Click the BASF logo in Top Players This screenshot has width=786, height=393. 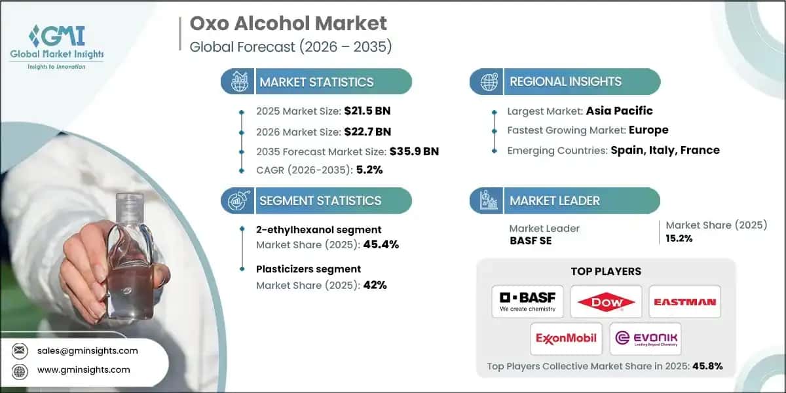click(x=527, y=301)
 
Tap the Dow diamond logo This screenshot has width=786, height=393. click(x=606, y=301)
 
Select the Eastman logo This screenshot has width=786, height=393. click(x=684, y=302)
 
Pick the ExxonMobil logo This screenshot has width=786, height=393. click(x=567, y=338)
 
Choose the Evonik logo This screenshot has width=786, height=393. click(x=645, y=338)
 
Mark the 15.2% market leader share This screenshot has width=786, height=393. click(x=679, y=238)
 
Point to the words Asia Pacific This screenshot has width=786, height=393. click(x=619, y=111)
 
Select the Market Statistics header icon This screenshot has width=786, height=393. click(x=237, y=82)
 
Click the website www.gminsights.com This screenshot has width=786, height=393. click(x=84, y=369)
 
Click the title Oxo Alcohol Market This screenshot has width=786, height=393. click(x=288, y=24)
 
